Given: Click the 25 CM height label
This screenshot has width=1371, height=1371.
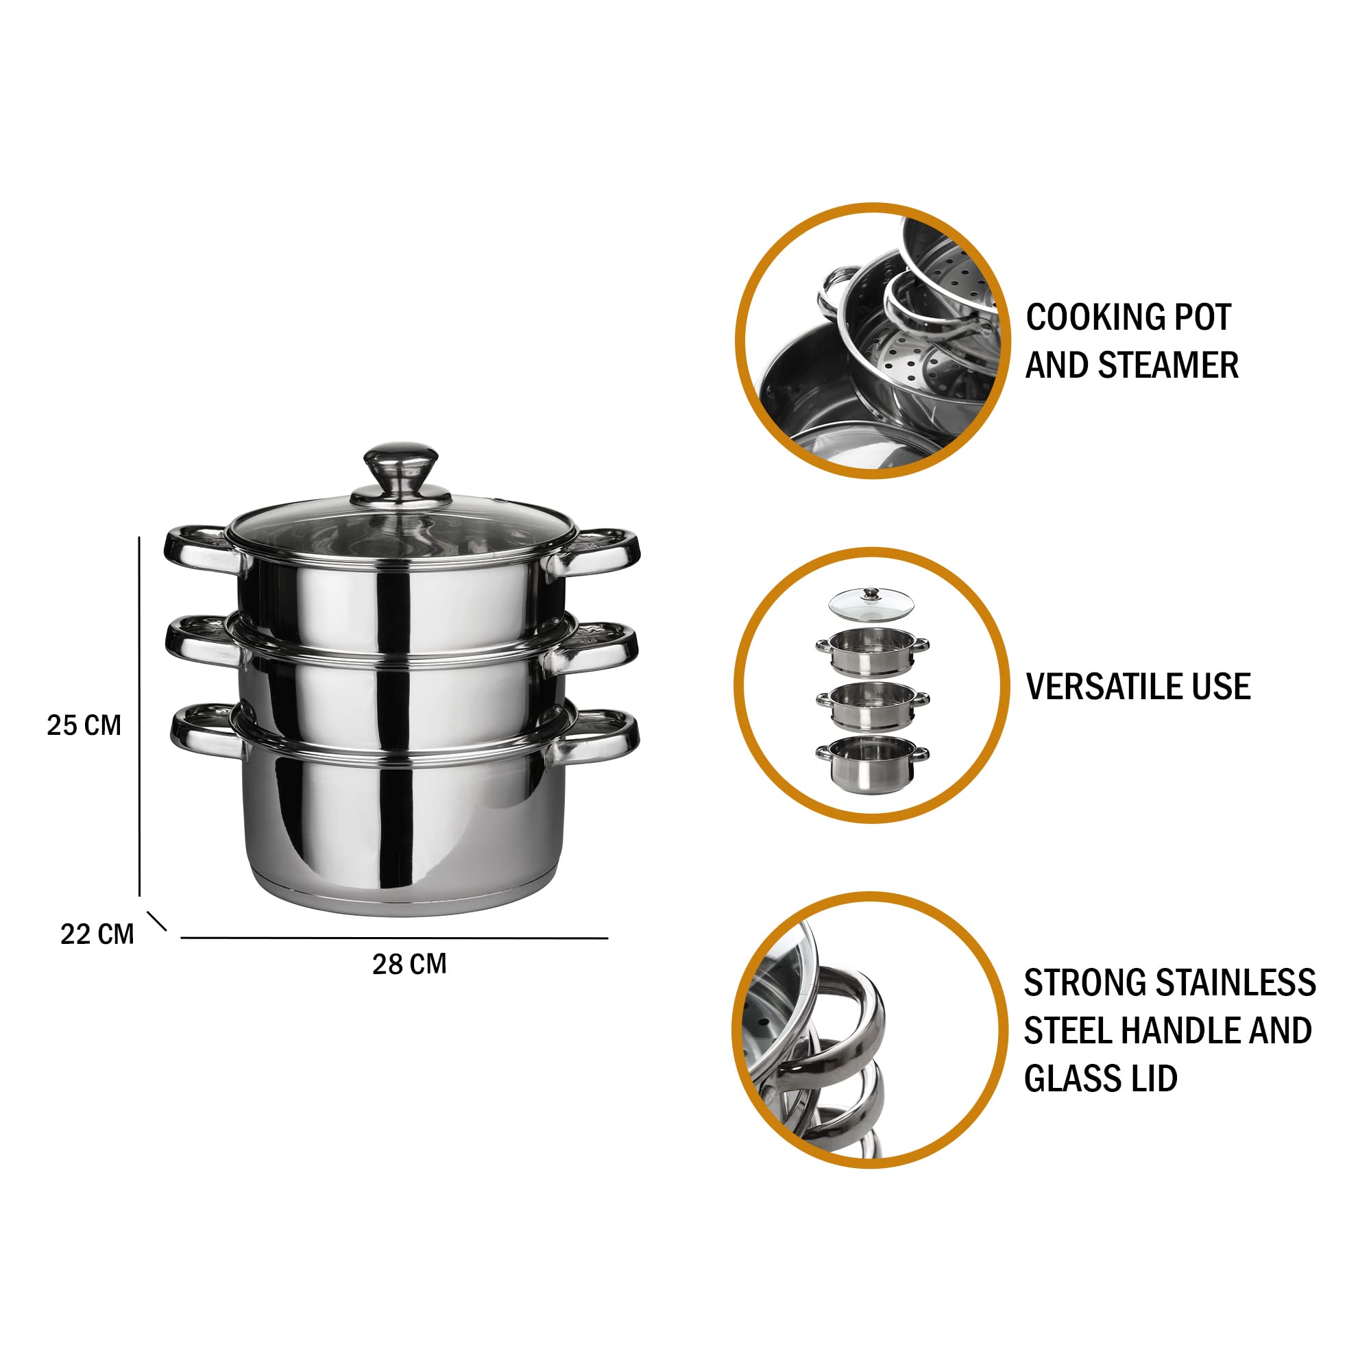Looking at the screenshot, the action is point(84,725).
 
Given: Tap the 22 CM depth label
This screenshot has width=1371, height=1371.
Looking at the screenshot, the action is point(97,934).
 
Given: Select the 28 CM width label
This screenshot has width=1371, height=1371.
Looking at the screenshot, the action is point(409,964).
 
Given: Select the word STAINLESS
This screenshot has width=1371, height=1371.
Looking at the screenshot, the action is point(1236,983).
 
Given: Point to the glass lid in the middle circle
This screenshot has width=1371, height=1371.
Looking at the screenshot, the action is point(871,604).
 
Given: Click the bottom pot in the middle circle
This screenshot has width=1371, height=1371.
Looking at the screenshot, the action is point(872,764).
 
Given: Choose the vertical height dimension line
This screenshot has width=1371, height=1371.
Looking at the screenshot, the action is point(139,716).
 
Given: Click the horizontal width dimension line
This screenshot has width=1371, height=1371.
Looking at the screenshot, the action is point(395,938).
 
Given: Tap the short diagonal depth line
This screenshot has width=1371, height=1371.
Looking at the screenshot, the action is point(157,921).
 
